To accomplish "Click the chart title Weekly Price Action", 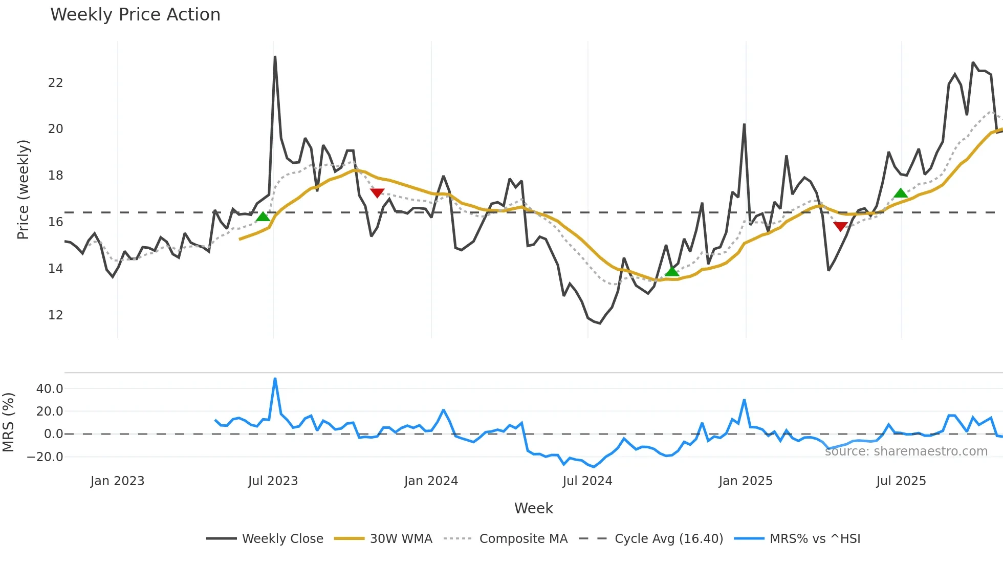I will pos(135,15).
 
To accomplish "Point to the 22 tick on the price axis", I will pos(55,83).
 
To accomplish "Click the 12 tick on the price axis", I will pos(55,315).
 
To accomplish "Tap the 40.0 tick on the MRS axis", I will pos(50,389).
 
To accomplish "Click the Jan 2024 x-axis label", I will pos(431,481).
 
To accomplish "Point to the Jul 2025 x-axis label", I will pos(901,481).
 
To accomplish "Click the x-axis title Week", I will pos(533,508).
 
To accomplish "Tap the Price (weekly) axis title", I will pos(23,189).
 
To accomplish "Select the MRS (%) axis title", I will pos(8,422).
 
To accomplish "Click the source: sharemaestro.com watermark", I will pos(906,451).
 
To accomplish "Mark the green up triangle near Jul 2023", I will pos(263,217).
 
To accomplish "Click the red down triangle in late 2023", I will pos(377,193).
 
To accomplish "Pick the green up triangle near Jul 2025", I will pos(901,193).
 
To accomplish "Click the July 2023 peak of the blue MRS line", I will pos(275,379).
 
